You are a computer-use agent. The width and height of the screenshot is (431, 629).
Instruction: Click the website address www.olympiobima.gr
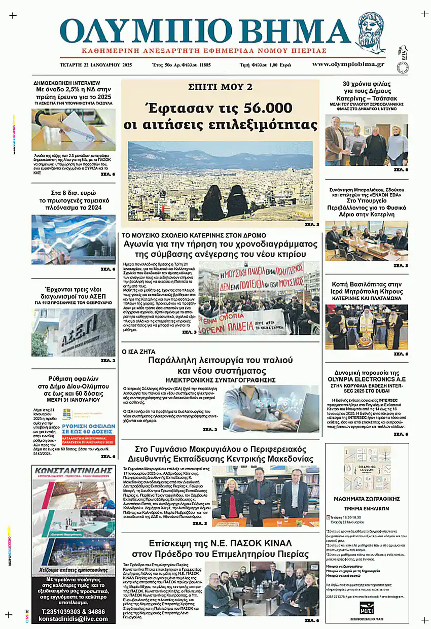(x=348, y=64)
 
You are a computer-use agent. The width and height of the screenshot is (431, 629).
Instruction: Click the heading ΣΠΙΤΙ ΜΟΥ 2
(x=220, y=87)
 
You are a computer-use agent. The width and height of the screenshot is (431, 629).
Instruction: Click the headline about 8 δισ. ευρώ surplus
(x=73, y=200)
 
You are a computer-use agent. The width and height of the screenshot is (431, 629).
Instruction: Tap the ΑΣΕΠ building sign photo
(x=74, y=332)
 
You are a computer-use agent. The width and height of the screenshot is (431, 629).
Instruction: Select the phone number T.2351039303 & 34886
(x=74, y=611)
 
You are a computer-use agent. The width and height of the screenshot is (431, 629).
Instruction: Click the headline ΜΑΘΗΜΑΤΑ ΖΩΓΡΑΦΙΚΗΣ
(x=367, y=499)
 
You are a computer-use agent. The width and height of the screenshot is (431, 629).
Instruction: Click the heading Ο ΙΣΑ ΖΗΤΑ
(x=138, y=351)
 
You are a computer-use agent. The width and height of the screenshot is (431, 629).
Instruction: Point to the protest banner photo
(x=259, y=298)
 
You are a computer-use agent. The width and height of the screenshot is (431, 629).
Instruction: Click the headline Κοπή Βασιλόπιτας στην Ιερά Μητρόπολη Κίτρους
(x=367, y=288)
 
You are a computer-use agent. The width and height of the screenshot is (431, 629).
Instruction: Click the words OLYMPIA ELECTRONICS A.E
(x=367, y=379)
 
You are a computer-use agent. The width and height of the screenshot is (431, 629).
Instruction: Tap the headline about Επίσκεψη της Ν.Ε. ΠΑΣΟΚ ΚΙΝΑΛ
(x=220, y=548)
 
